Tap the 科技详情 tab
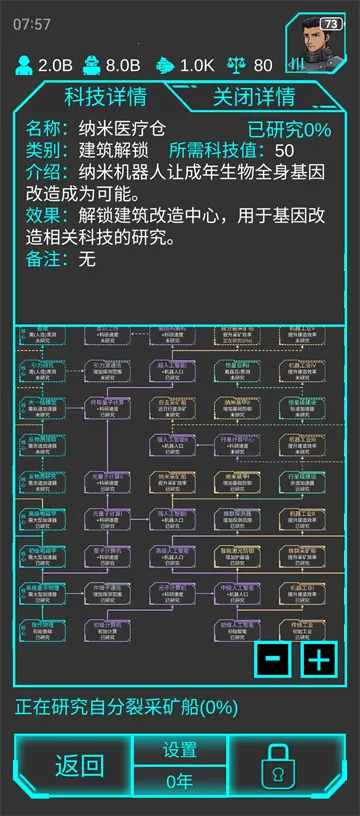(x=105, y=97)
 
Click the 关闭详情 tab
(x=254, y=97)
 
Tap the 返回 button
(x=79, y=767)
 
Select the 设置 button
(x=180, y=750)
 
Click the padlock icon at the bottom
(x=273, y=767)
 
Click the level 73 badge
(x=331, y=24)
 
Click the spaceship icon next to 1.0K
(x=165, y=66)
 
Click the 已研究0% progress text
(x=289, y=129)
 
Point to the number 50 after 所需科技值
(x=284, y=151)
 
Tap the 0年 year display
(x=180, y=781)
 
